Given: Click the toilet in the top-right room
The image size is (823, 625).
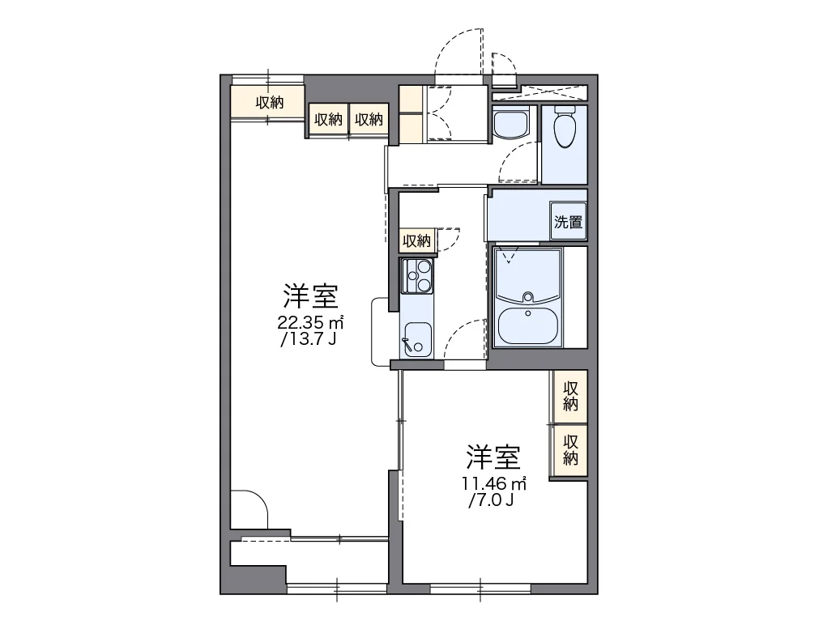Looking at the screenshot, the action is click(x=565, y=128).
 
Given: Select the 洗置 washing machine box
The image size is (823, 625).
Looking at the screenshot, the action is click(x=568, y=221).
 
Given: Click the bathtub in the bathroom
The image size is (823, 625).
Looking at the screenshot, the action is click(x=527, y=325).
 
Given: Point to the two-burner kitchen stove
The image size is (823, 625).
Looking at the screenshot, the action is click(x=416, y=275).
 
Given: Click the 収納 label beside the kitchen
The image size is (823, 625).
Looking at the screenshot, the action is click(x=416, y=241).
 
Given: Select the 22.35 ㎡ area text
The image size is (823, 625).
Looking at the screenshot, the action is click(x=310, y=321).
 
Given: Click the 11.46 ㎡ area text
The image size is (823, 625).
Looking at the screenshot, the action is click(x=494, y=483).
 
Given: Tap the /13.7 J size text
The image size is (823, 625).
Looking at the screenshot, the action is click(x=309, y=339).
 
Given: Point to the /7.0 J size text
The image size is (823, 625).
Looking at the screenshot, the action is click(x=490, y=500).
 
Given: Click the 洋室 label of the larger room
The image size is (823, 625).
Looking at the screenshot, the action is click(x=311, y=296).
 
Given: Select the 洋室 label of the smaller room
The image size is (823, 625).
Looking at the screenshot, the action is click(x=493, y=457).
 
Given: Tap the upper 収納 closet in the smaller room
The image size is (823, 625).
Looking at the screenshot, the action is click(x=570, y=396).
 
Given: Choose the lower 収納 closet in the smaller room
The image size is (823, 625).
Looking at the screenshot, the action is click(x=570, y=450).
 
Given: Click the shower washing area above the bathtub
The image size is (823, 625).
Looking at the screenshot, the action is click(x=527, y=275).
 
